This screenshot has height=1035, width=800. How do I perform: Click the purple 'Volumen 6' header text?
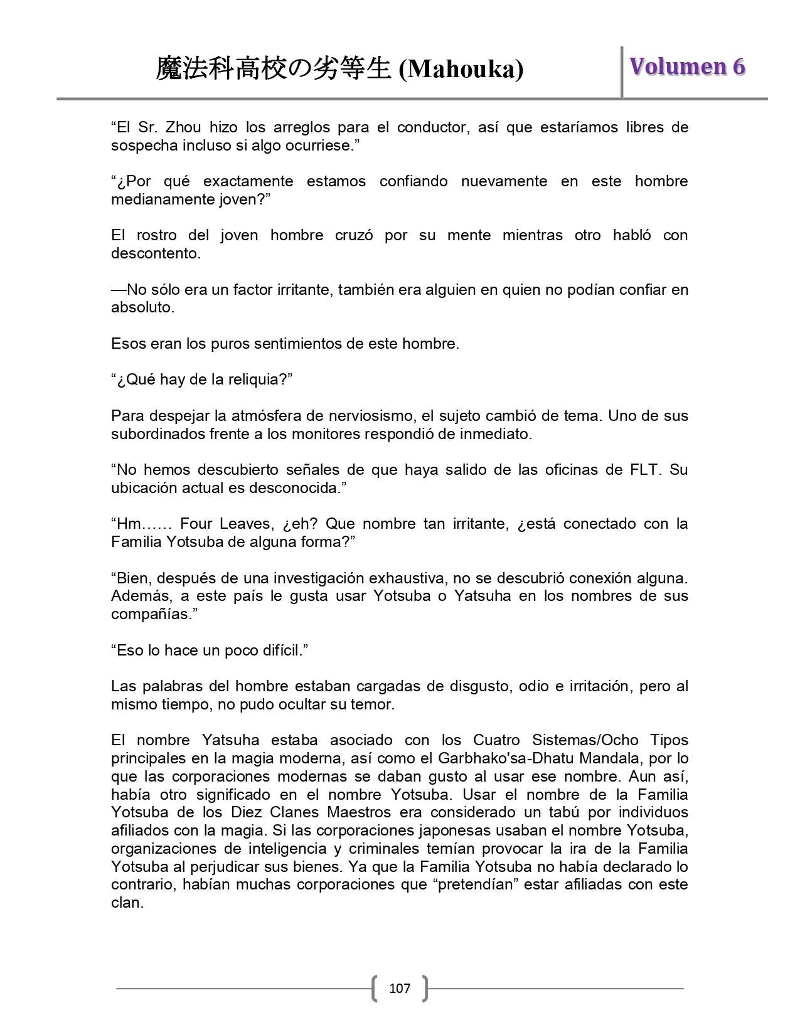click(x=687, y=66)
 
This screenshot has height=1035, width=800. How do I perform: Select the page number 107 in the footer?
click(x=400, y=989)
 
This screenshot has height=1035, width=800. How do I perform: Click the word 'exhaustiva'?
click(x=407, y=578)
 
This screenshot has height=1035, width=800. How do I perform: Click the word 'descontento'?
click(x=155, y=253)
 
